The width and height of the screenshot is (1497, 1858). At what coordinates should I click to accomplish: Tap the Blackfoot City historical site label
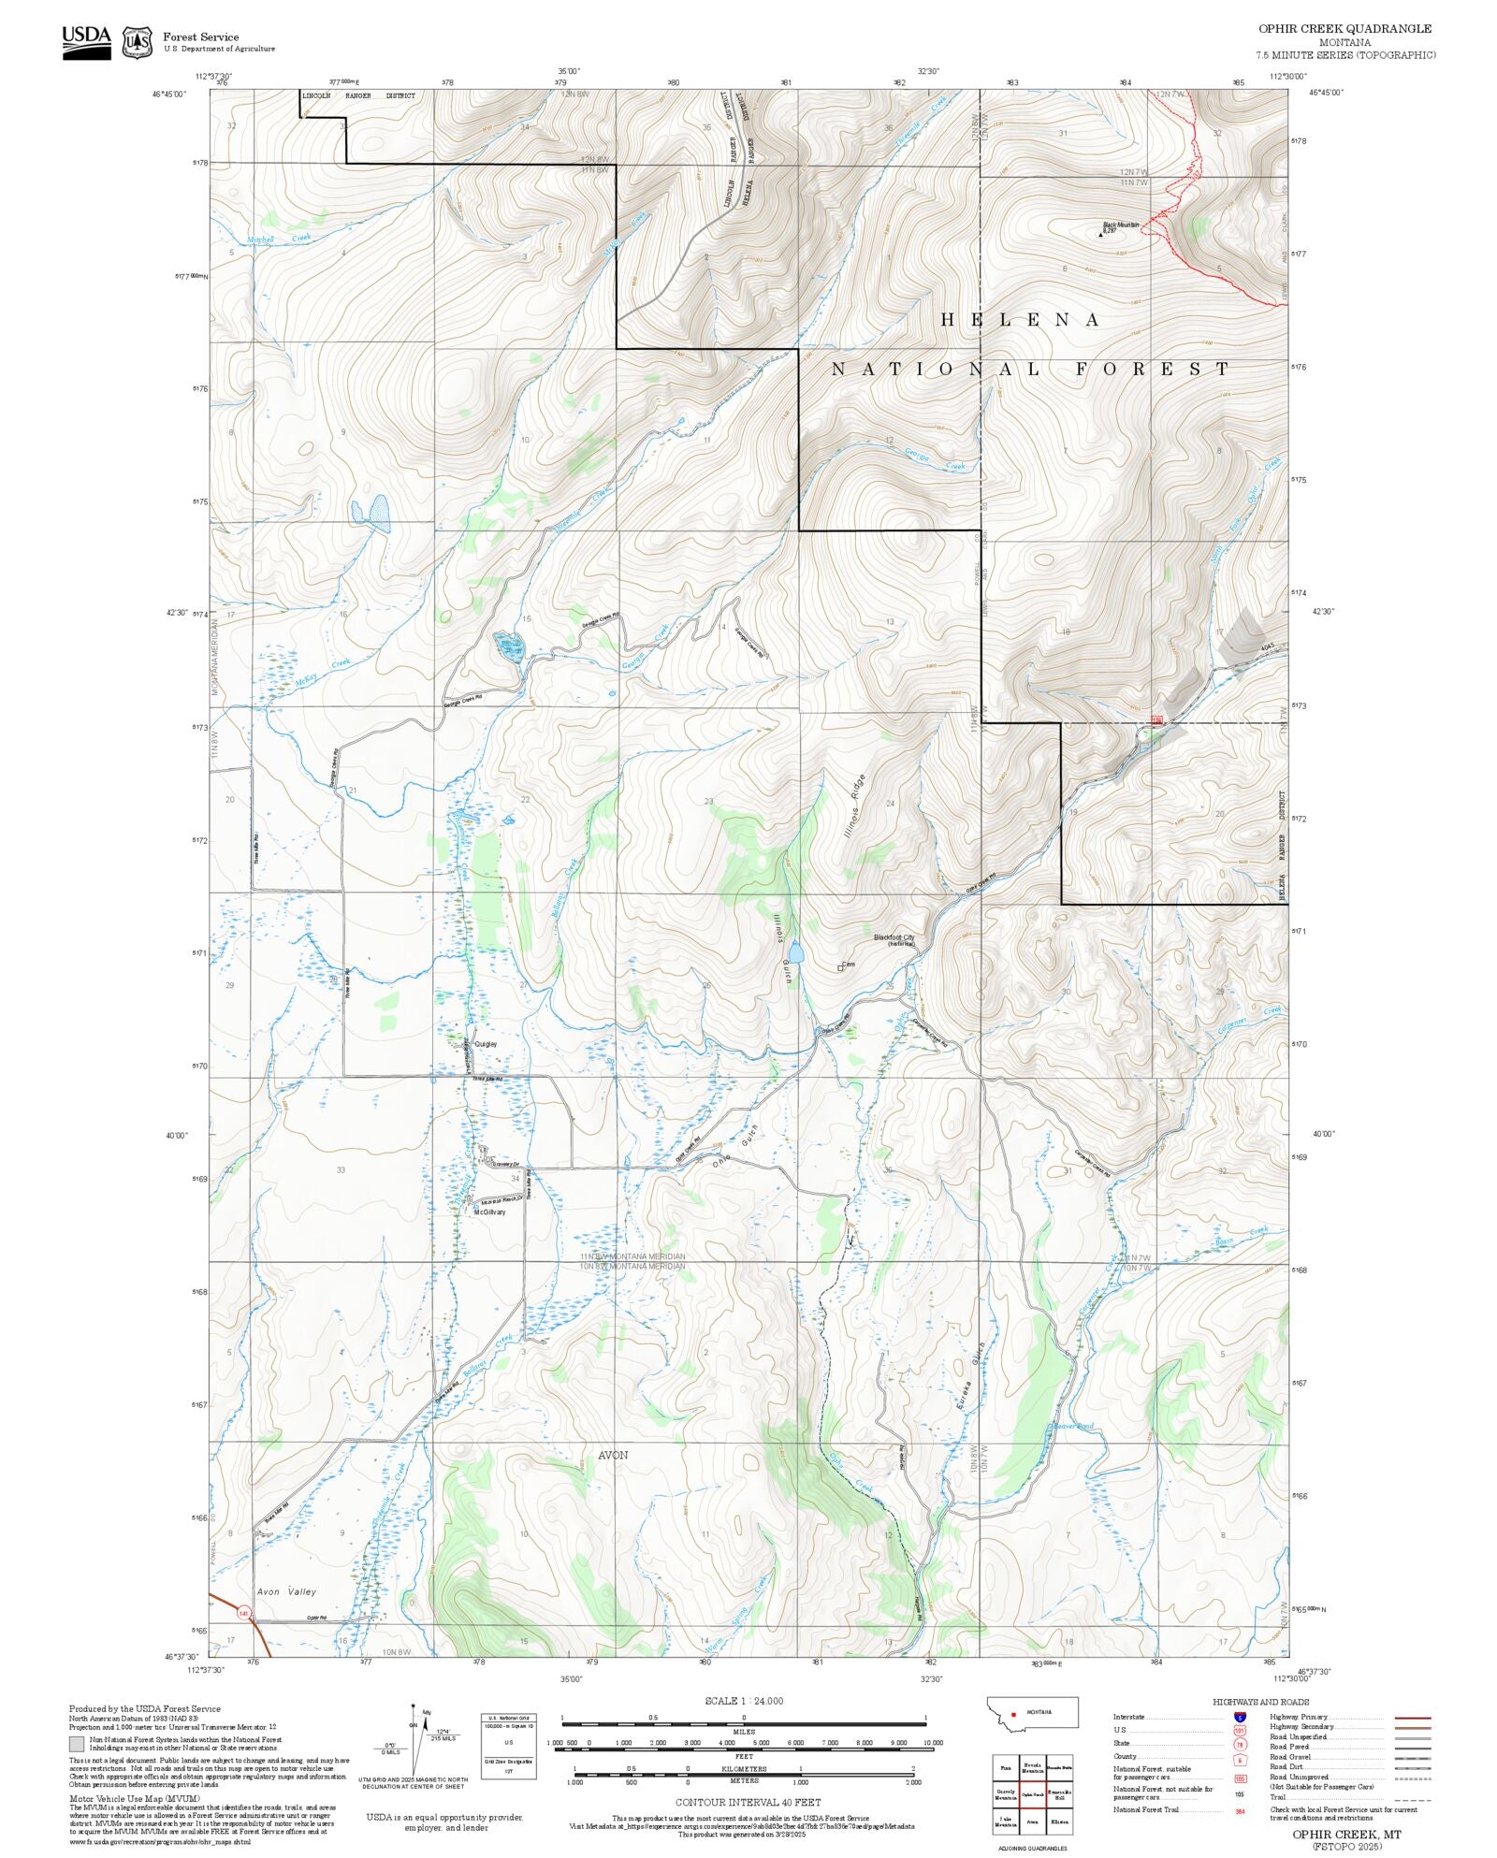click(x=894, y=938)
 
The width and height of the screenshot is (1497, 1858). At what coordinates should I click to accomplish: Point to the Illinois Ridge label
click(x=855, y=805)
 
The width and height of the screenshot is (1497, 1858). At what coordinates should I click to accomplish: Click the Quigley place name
click(x=486, y=1043)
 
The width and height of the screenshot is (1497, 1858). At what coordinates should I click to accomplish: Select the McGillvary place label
click(x=489, y=1212)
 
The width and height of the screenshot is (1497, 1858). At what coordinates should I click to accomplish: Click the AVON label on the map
click(x=613, y=1455)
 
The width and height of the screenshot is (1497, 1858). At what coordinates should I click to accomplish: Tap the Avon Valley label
click(x=286, y=1590)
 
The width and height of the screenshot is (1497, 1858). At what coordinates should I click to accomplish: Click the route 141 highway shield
click(x=244, y=1613)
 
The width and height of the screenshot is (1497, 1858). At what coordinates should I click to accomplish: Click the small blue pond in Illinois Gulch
click(x=795, y=953)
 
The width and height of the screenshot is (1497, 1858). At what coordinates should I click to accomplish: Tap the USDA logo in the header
click(x=86, y=42)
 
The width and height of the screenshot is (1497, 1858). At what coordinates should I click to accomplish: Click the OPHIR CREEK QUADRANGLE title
click(x=1344, y=28)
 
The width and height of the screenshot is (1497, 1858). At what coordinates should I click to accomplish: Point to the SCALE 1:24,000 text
click(x=744, y=1701)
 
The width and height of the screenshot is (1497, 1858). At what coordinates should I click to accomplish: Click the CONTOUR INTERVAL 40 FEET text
click(x=748, y=1802)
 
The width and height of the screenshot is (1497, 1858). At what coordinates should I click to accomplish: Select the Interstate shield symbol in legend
click(x=1240, y=1718)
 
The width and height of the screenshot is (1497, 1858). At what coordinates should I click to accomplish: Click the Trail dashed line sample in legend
click(x=1413, y=1797)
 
